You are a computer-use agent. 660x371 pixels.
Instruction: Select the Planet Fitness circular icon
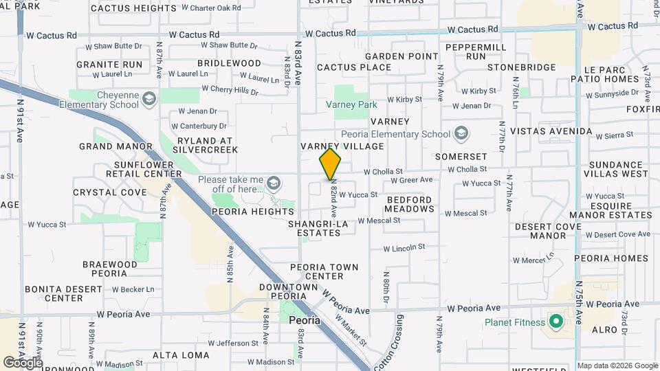555,322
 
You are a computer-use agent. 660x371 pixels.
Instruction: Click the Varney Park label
351,104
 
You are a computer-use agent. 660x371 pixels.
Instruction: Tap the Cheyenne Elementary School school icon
148,100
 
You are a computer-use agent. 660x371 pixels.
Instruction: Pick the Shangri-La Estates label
314,228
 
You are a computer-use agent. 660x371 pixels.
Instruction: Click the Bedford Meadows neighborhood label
410,204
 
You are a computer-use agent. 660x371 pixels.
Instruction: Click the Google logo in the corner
22,362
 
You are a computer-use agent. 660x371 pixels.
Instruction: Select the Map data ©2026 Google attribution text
617,366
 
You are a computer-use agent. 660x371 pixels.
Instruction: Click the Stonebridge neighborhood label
521,67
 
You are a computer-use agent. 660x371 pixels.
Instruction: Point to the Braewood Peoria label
110,269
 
